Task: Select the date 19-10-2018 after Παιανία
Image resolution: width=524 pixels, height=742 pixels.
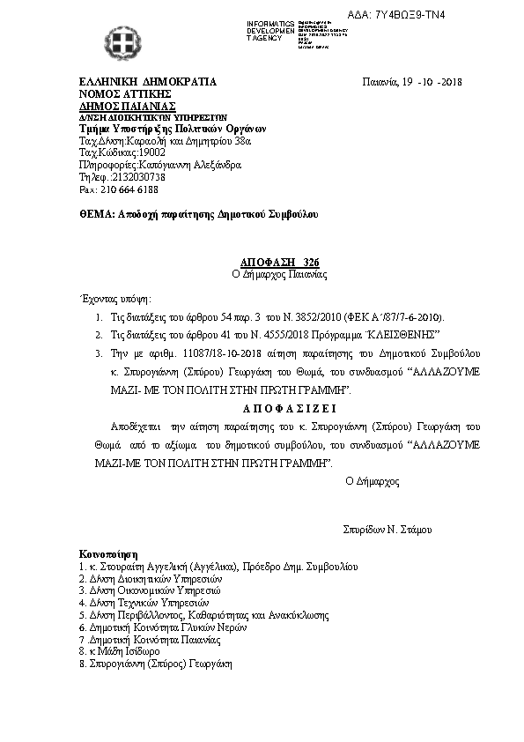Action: (432, 83)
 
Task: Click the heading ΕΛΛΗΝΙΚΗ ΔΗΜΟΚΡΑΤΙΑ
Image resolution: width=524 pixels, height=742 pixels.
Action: (146, 83)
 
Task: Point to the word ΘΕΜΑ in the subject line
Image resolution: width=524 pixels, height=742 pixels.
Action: (96, 214)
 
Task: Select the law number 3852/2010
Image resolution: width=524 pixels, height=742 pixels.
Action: (303, 316)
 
